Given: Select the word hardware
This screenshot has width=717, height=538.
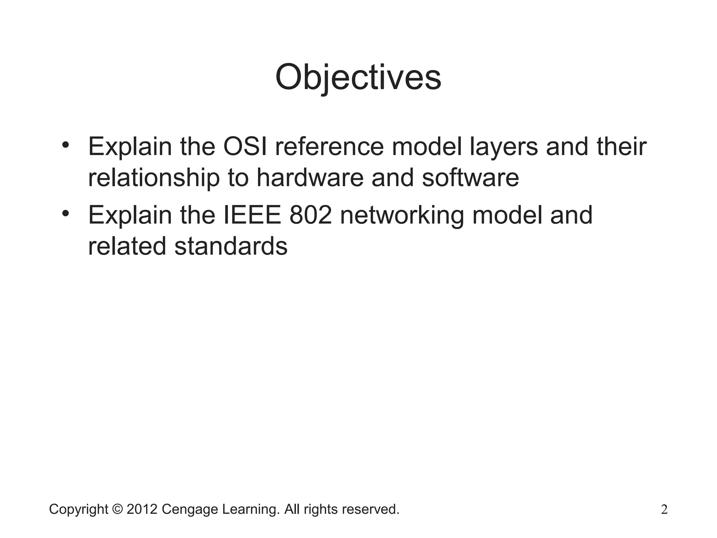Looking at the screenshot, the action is (310, 178).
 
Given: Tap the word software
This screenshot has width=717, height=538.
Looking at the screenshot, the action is (470, 178).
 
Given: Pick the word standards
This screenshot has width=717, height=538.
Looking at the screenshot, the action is (231, 246).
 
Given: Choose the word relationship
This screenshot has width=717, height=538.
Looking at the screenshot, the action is (154, 178).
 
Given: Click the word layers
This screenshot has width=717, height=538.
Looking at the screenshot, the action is (503, 147).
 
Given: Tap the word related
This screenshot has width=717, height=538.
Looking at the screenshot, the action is (127, 246).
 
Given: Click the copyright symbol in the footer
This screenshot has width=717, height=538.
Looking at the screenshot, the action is (117, 509).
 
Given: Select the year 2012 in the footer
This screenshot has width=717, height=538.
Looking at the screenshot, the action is (142, 509).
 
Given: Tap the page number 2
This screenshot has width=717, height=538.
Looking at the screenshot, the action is (664, 510).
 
